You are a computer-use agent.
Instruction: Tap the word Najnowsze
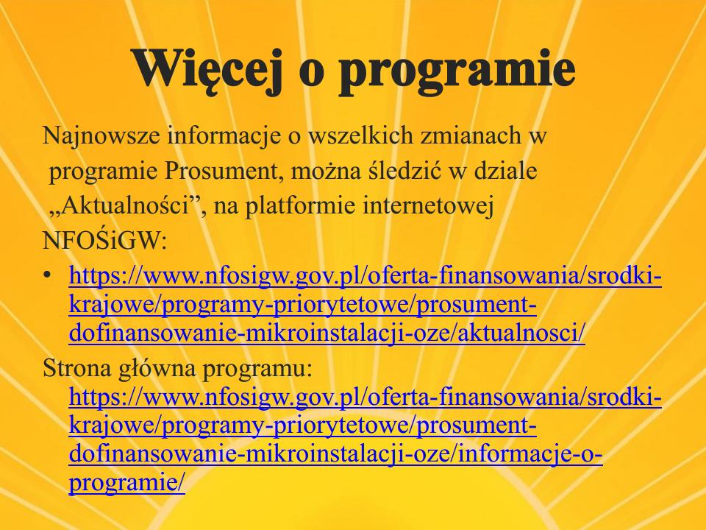tap(101, 136)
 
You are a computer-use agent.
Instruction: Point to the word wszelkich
tap(360, 135)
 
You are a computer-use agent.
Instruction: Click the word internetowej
tap(428, 207)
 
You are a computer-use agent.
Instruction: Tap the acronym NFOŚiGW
tap(104, 241)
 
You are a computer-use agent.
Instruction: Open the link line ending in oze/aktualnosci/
tap(327, 333)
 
